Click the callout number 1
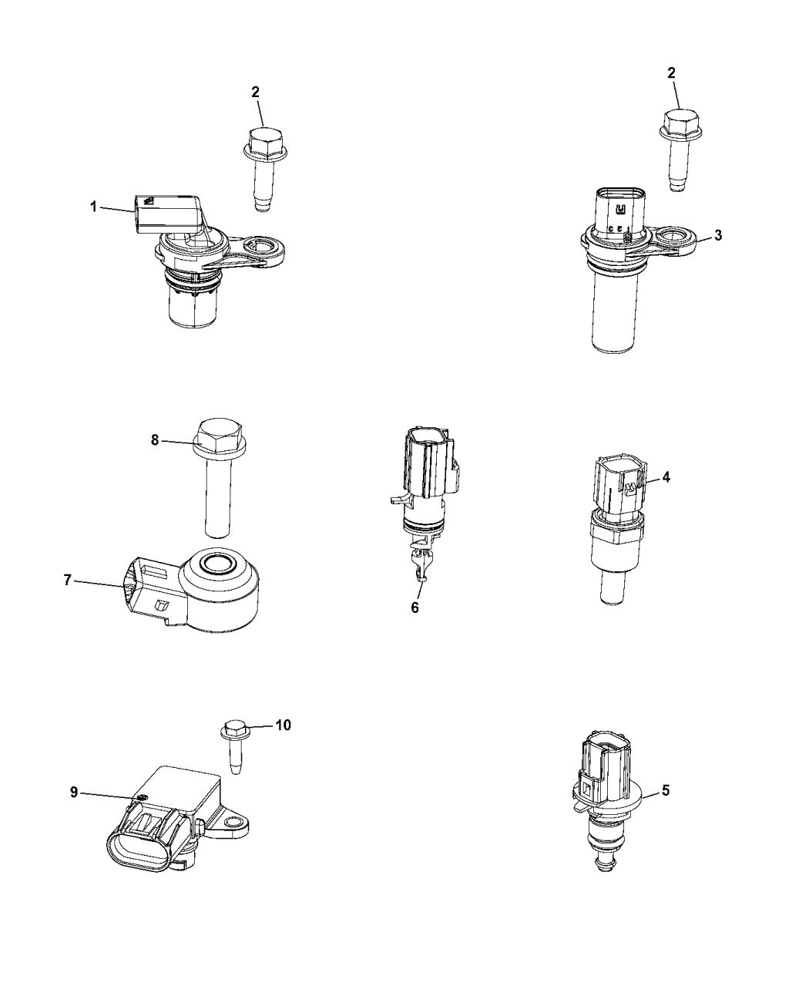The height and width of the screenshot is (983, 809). [93, 207]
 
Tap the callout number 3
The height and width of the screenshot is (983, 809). [717, 235]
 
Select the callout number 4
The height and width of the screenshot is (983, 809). [666, 477]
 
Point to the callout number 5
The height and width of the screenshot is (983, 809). [666, 790]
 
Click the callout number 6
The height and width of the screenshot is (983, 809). [415, 608]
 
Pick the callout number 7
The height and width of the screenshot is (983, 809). [67, 581]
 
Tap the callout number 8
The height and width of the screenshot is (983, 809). [155, 440]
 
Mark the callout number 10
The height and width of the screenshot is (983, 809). [283, 725]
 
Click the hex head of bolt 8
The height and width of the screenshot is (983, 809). [221, 433]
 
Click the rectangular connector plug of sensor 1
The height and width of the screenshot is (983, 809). [166, 211]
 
